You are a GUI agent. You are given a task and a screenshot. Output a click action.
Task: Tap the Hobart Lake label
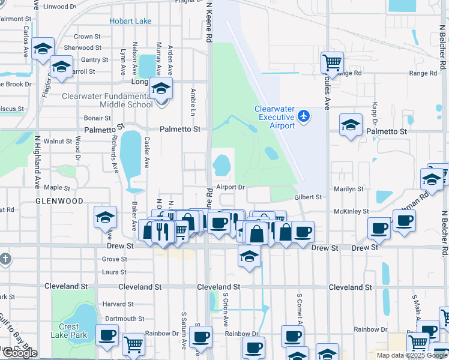pyautogui.click(x=130, y=22)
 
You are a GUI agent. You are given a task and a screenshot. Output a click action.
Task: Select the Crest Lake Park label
pyautogui.click(x=69, y=331)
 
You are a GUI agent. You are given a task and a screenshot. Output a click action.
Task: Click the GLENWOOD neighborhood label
pyautogui.click(x=59, y=201)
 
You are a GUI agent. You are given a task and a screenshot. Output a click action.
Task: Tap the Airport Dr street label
pyautogui.click(x=231, y=187)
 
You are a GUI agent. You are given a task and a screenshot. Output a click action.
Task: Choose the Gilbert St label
pyautogui.click(x=308, y=197)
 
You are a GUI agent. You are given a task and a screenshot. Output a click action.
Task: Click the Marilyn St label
pyautogui.click(x=348, y=188)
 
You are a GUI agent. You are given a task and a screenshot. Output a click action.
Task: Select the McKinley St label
pyautogui.click(x=351, y=211)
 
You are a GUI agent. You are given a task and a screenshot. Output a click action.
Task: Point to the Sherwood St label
pyautogui.click(x=79, y=48)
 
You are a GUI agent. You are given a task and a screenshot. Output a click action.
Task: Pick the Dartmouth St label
pyautogui.click(x=125, y=319)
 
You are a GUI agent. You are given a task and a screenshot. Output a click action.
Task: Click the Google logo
pyautogui.click(x=20, y=353)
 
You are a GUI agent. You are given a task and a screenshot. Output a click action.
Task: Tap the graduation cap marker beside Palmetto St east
pyautogui.click(x=351, y=125)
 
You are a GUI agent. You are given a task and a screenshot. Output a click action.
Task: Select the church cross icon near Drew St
pyautogui.click(x=5, y=259)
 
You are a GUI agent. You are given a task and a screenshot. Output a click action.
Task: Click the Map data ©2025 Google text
pyautogui.click(x=410, y=355)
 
